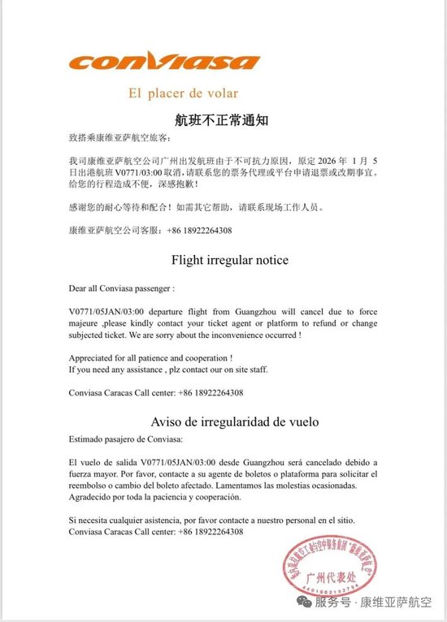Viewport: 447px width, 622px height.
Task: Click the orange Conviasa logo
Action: pyautogui.click(x=166, y=62)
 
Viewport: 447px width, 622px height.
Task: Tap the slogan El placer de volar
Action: pyautogui.click(x=182, y=93)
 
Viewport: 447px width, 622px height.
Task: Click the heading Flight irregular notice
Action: pyautogui.click(x=229, y=261)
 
